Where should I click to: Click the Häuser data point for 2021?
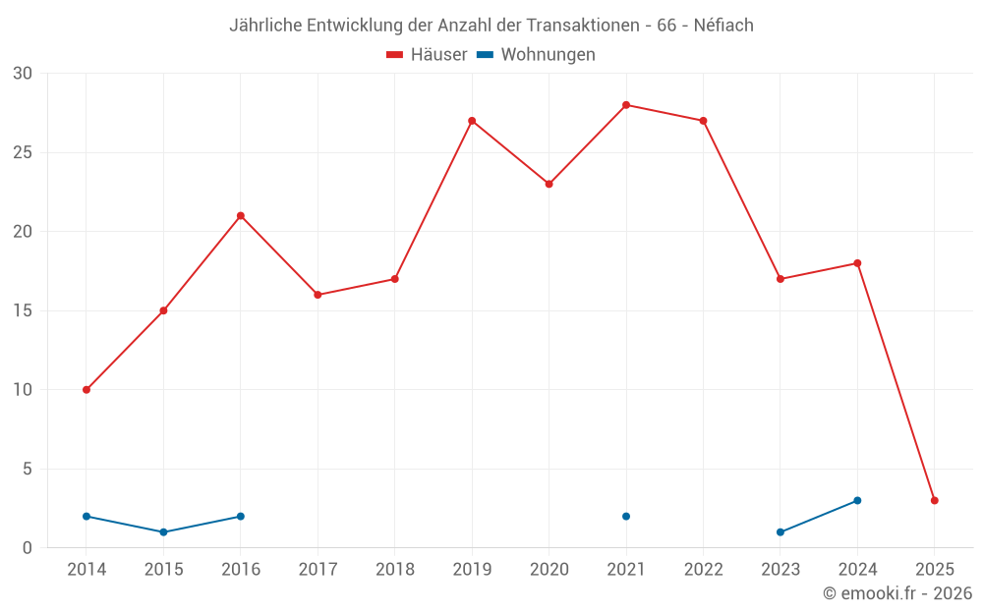pos(626,105)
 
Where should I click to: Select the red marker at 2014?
pos(87,390)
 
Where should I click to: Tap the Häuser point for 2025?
pos(935,501)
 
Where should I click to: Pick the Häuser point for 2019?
pos(472,121)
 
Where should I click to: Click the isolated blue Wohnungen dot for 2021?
pos(626,517)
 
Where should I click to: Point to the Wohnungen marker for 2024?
pos(857,501)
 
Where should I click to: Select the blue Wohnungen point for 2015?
pos(163,532)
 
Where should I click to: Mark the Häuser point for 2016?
pos(241,216)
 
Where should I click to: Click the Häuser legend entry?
pos(427,55)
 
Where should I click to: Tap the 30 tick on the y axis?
pos(23,74)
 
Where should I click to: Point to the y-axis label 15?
pos(23,311)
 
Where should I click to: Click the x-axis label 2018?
pos(394,570)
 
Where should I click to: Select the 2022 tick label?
pos(703,570)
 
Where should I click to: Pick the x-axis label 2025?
pos(935,570)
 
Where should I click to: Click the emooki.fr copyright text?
pos(897,593)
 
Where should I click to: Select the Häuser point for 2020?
pos(549,184)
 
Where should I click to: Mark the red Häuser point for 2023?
pos(781,279)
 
